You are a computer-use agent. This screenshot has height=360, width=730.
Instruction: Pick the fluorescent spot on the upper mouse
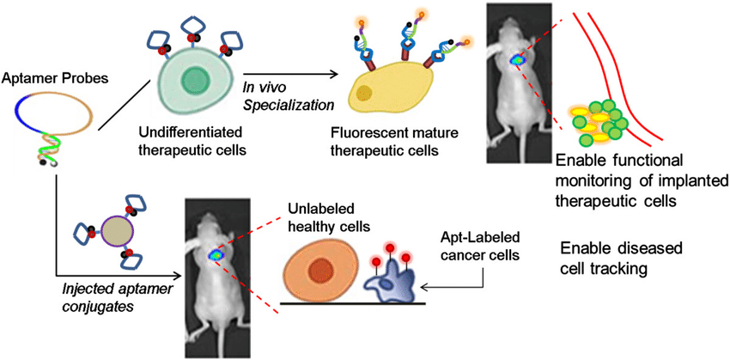pyautogui.click(x=518, y=60)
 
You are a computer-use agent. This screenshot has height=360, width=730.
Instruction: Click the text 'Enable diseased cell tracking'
pyautogui.click(x=621, y=259)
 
